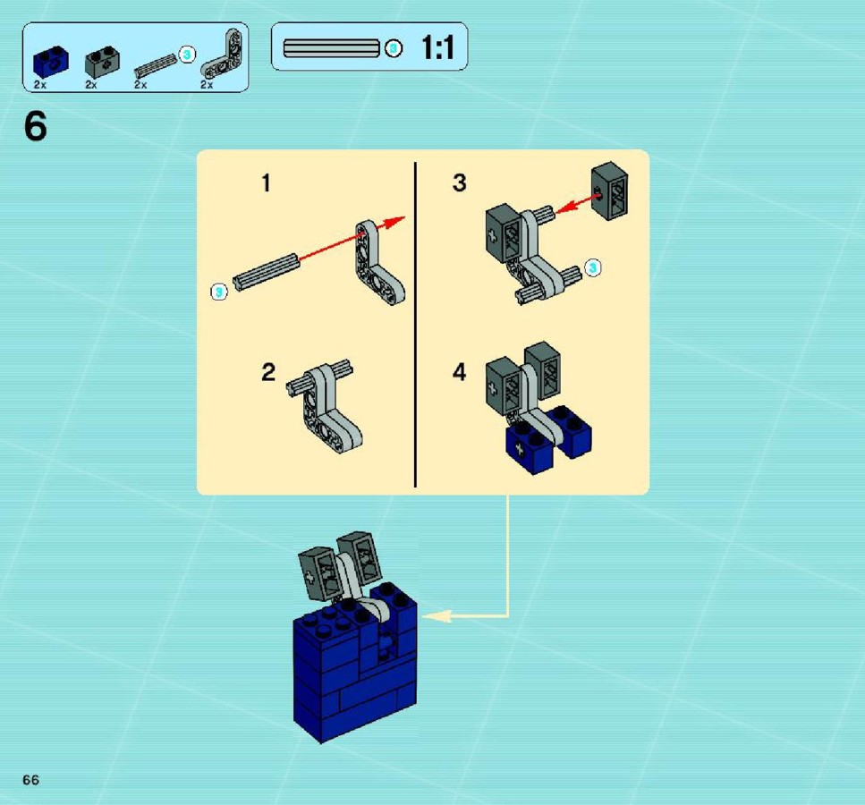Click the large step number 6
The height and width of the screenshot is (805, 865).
tap(36, 126)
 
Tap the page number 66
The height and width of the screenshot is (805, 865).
tap(31, 780)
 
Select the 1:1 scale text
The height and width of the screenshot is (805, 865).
tap(437, 47)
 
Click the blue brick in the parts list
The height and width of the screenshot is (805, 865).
tap(51, 61)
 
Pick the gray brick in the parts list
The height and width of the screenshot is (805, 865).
tap(102, 62)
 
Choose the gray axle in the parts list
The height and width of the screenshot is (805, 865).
tap(157, 66)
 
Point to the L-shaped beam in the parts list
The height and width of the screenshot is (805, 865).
tap(223, 55)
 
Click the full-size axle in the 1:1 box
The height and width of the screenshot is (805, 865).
tap(332, 48)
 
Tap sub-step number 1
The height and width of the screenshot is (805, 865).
tap(267, 183)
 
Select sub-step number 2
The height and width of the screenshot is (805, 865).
tap(268, 372)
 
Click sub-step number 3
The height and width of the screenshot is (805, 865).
tap(459, 182)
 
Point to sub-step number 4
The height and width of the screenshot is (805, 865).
tap(459, 372)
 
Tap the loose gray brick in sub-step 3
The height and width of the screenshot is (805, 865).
tap(609, 191)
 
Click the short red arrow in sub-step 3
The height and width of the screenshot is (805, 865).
tap(578, 204)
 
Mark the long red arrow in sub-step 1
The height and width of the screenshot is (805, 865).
tap(352, 237)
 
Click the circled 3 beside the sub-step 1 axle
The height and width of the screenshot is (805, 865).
tap(219, 292)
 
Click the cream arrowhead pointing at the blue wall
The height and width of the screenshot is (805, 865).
tap(436, 615)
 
